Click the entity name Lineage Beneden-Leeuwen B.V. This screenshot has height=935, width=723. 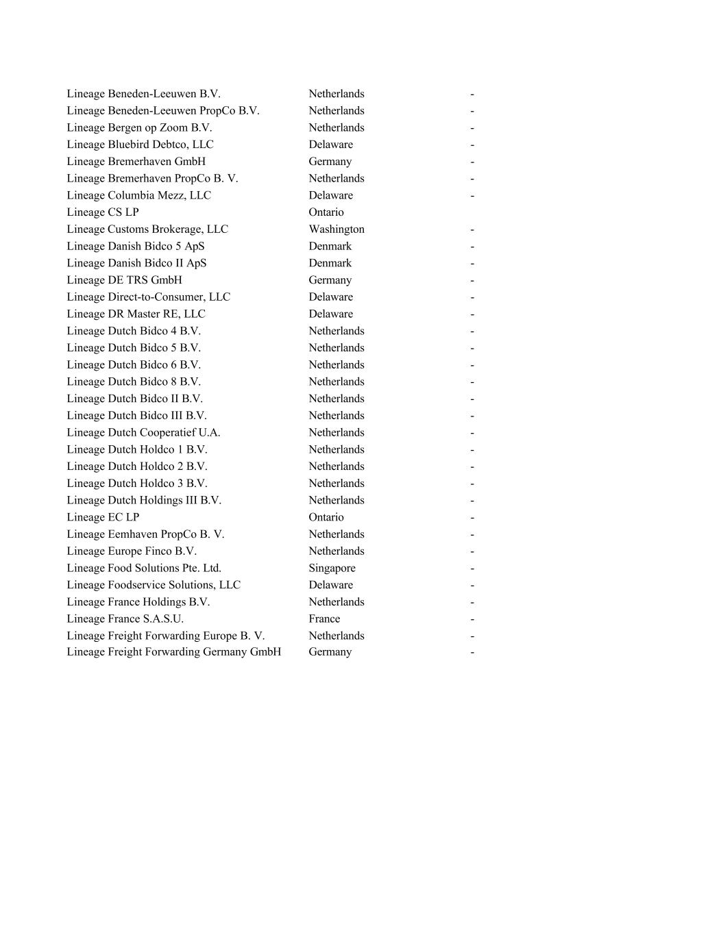[143, 94]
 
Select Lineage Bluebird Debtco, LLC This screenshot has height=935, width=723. [140, 145]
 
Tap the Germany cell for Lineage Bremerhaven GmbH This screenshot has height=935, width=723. [330, 162]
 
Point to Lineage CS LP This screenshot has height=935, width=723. [103, 212]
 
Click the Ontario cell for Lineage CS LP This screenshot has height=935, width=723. [326, 212]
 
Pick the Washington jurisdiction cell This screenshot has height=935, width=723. [336, 229]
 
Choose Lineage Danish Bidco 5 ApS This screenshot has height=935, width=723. [136, 246]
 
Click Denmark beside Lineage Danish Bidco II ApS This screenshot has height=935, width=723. [330, 263]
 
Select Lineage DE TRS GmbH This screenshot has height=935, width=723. [124, 280]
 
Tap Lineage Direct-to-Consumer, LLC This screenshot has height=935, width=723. [148, 297]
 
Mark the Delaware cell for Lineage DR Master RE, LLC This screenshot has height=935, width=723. [331, 314]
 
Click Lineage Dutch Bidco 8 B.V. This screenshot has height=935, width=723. [134, 382]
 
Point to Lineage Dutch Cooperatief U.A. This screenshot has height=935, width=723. [143, 432]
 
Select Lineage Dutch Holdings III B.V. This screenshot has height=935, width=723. [144, 500]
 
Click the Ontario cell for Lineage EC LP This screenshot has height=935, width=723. [326, 517]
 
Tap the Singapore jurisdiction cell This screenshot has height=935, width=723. [332, 568]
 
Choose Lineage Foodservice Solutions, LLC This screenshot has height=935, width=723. [154, 585]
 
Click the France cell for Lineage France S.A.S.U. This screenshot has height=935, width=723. [324, 619]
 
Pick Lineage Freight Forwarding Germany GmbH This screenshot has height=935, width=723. [173, 652]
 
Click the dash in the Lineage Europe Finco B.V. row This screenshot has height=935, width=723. [472, 551]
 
